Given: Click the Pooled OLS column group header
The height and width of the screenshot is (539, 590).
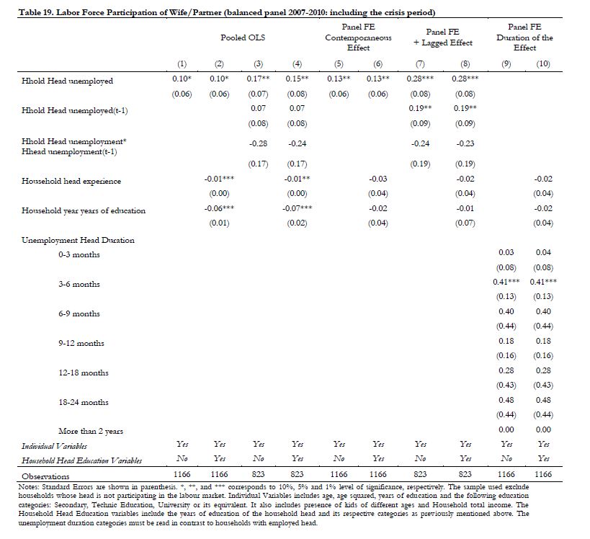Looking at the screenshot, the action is click(x=243, y=37).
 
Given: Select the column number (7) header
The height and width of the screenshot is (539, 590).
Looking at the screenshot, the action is click(x=420, y=64).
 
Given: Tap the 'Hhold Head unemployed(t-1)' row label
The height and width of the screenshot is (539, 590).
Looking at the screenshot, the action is click(x=74, y=111).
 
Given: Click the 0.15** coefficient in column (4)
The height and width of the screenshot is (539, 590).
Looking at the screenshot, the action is click(x=297, y=79).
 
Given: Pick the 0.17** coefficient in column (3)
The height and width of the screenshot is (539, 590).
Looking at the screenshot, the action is click(x=258, y=79).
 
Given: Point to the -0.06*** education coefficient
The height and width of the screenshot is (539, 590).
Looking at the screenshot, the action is click(x=219, y=208).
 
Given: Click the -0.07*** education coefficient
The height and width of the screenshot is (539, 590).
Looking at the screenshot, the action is click(x=297, y=208).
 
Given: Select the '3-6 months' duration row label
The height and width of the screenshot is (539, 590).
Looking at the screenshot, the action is click(x=79, y=284).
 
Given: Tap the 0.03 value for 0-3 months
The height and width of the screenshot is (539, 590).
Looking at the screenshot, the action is click(x=506, y=252).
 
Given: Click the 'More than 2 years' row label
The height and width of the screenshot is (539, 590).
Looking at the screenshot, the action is click(x=91, y=432).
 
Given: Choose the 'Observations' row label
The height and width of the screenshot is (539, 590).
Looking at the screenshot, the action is click(x=45, y=476).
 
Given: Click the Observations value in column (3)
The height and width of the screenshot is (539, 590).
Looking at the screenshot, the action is click(x=258, y=474).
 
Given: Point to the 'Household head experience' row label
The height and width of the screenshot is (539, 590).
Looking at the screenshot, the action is click(x=71, y=181).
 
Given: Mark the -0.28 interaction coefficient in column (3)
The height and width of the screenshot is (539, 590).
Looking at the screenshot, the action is click(x=258, y=143).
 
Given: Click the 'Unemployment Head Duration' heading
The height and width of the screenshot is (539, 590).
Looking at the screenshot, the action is click(x=78, y=240).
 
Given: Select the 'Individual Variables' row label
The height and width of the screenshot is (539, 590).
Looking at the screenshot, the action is click(x=54, y=447).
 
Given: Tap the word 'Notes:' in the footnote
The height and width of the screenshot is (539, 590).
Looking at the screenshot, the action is click(x=28, y=486).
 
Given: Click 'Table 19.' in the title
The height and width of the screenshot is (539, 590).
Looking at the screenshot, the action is click(x=36, y=12).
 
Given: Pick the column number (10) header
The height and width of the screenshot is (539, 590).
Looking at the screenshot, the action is click(x=543, y=64).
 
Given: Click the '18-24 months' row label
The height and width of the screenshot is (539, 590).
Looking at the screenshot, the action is click(x=83, y=402).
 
